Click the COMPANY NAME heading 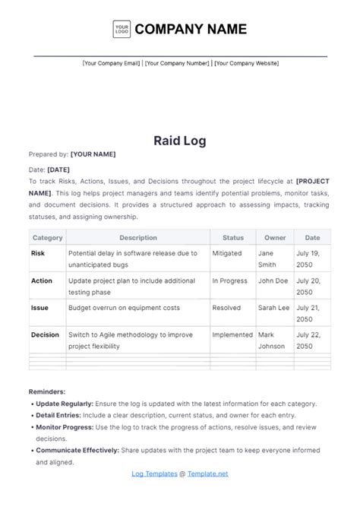point(191,29)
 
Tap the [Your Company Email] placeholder point(111,64)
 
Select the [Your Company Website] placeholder point(246,64)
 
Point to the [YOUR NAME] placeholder point(93,154)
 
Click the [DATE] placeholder point(59,170)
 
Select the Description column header point(137,238)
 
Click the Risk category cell point(39,253)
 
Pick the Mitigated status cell point(226,253)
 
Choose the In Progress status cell point(230,280)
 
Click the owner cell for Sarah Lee point(274,308)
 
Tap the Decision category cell point(46,334)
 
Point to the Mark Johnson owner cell point(271,340)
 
